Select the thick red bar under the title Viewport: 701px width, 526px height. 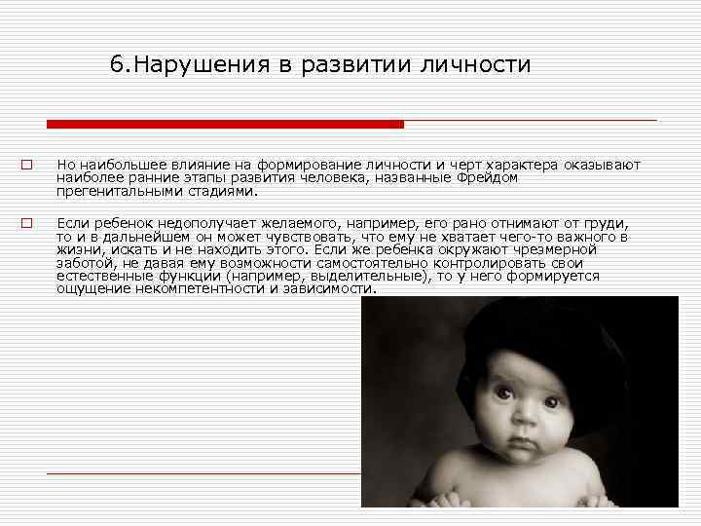click(x=225, y=124)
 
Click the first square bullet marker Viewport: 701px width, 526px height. click(x=28, y=165)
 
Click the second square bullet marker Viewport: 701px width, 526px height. click(x=28, y=222)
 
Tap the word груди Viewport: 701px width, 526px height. click(x=607, y=223)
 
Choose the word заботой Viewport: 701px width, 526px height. click(x=80, y=263)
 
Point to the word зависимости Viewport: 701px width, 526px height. click(x=328, y=289)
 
